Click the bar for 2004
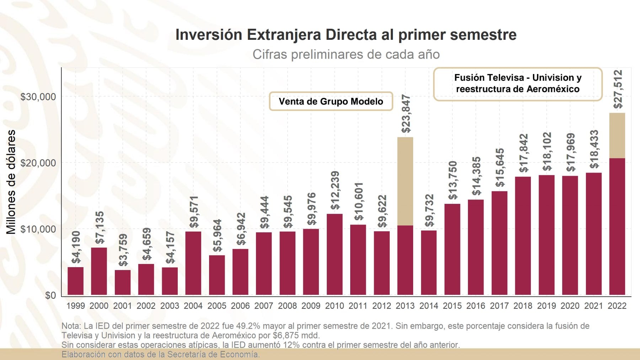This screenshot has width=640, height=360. click(193, 263)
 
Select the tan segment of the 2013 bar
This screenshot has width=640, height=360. click(405, 181)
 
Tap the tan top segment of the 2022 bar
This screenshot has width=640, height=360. click(617, 136)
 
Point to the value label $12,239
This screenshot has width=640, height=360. click(335, 190)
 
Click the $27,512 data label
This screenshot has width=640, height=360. click(618, 89)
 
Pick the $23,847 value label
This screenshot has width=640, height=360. click(406, 114)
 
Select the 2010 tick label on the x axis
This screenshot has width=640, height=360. click(334, 306)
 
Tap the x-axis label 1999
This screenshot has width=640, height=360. click(75, 306)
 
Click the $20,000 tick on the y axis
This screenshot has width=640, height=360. click(38, 163)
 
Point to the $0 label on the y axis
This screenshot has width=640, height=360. click(50, 295)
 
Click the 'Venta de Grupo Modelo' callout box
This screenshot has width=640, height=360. click(331, 101)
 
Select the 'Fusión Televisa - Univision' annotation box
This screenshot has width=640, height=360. click(517, 84)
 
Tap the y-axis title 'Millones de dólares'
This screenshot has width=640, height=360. click(11, 181)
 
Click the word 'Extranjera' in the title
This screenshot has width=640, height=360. click(284, 35)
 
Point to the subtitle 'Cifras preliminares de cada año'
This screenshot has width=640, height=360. click(346, 54)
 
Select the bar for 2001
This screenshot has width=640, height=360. click(122, 282)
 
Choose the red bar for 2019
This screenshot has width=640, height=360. click(546, 235)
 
